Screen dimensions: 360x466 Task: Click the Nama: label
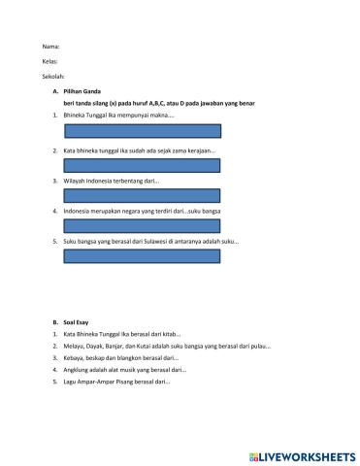pyautogui.click(x=51, y=47)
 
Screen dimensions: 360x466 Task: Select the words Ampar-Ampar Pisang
pyautogui.click(x=111, y=382)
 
